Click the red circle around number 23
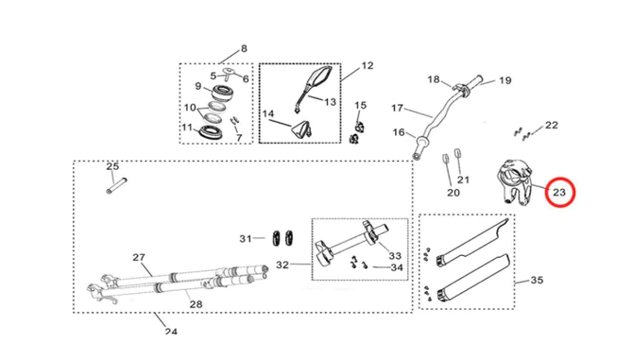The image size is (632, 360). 560,179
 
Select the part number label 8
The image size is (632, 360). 244,49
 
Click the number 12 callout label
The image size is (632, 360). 367,66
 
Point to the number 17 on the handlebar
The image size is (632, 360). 397,108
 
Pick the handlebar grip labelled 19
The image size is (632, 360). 473,82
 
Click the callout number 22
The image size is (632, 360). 552,126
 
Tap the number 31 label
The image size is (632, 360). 246,239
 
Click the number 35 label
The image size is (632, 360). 537,280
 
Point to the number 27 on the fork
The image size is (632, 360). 139,257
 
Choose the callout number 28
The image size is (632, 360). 196,304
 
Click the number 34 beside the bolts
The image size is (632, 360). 397,267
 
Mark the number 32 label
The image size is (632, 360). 282,265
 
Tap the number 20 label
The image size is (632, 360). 453,193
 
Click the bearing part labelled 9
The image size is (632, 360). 220,94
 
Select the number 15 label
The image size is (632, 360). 360,105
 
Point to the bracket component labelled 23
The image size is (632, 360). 514,181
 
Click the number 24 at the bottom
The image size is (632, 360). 171,332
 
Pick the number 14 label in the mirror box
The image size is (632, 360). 268,114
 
